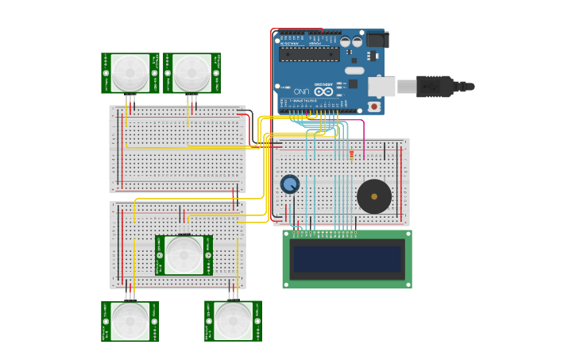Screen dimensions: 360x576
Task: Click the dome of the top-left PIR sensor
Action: pos(130,73)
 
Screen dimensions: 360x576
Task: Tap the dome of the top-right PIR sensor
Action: pos(191,73)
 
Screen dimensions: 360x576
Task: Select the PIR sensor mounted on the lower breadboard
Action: pos(184,255)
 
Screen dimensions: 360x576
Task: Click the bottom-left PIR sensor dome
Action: pos(130,321)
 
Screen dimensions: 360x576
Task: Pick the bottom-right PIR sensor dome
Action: pos(233,321)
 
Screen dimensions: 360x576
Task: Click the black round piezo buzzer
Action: pos(373,196)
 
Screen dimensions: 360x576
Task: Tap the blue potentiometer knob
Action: pos(290,184)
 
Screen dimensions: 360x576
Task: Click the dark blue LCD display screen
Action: pos(347,259)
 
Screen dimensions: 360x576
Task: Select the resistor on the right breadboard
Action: pos(350,153)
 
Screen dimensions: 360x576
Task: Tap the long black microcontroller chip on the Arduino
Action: pos(309,54)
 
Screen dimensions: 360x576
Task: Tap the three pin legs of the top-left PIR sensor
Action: pos(130,100)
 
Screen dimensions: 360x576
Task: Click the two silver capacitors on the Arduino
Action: pos(351,41)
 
